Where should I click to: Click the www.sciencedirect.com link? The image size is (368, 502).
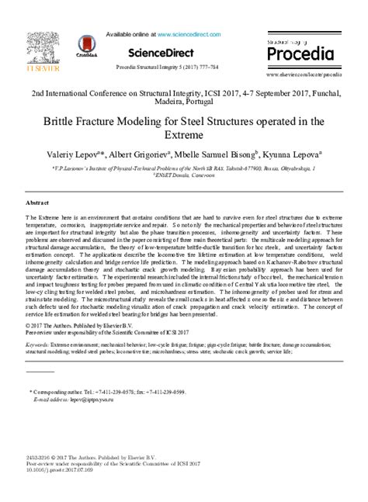click(x=190, y=35)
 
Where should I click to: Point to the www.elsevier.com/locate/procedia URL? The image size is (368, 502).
click(x=304, y=74)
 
